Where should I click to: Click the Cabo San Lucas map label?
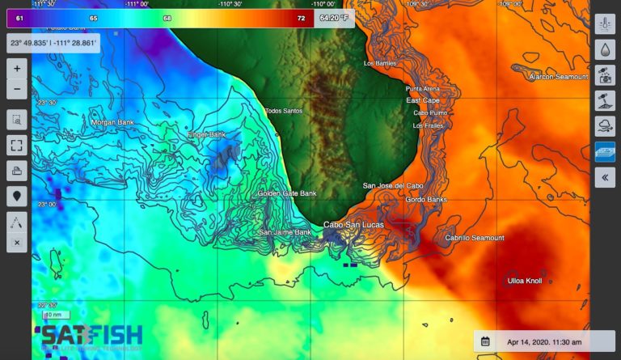tap(353, 225)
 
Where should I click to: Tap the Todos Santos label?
tap(283, 111)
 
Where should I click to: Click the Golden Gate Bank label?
tap(287, 194)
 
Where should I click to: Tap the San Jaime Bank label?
tap(285, 232)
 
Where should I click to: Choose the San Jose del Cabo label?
tap(393, 186)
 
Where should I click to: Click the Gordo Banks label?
tap(426, 199)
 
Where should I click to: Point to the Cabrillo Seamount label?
tap(475, 238)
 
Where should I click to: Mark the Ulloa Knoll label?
tap(525, 281)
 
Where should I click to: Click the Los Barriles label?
tap(381, 63)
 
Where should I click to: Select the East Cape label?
tap(423, 100)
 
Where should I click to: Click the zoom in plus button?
tap(17, 69)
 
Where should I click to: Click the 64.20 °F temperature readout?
tap(335, 17)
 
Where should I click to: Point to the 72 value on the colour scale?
tap(301, 18)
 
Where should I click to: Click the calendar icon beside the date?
tap(485, 341)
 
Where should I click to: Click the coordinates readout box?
tap(53, 42)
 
